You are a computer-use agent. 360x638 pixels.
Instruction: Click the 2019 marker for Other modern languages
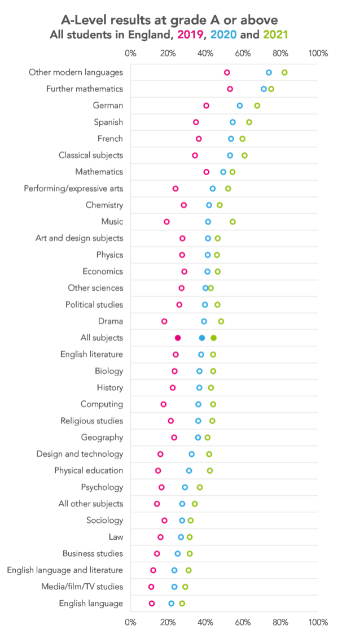[227, 72]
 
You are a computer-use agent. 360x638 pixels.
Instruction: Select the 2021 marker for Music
[232, 221]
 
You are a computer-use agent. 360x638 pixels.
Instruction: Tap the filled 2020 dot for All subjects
[202, 338]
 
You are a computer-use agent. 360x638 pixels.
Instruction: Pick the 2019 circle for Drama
[164, 321]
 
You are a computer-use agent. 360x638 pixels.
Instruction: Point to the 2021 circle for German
[257, 106]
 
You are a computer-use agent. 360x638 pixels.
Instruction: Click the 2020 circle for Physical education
[189, 470]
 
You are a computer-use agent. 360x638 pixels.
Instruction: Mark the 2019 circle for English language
[152, 604]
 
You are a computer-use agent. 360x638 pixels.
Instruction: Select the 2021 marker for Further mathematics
[271, 89]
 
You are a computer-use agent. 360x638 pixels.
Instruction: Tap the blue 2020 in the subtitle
[224, 34]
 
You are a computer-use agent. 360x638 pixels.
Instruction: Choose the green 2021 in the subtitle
[276, 34]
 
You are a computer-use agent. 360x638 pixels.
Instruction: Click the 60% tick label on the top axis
[243, 53]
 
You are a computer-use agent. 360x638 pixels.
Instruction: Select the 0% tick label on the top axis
[130, 53]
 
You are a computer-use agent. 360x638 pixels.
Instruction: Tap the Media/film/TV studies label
[82, 587]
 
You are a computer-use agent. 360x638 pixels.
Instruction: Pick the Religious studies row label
[91, 421]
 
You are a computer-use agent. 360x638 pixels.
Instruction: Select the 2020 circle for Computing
[198, 404]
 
